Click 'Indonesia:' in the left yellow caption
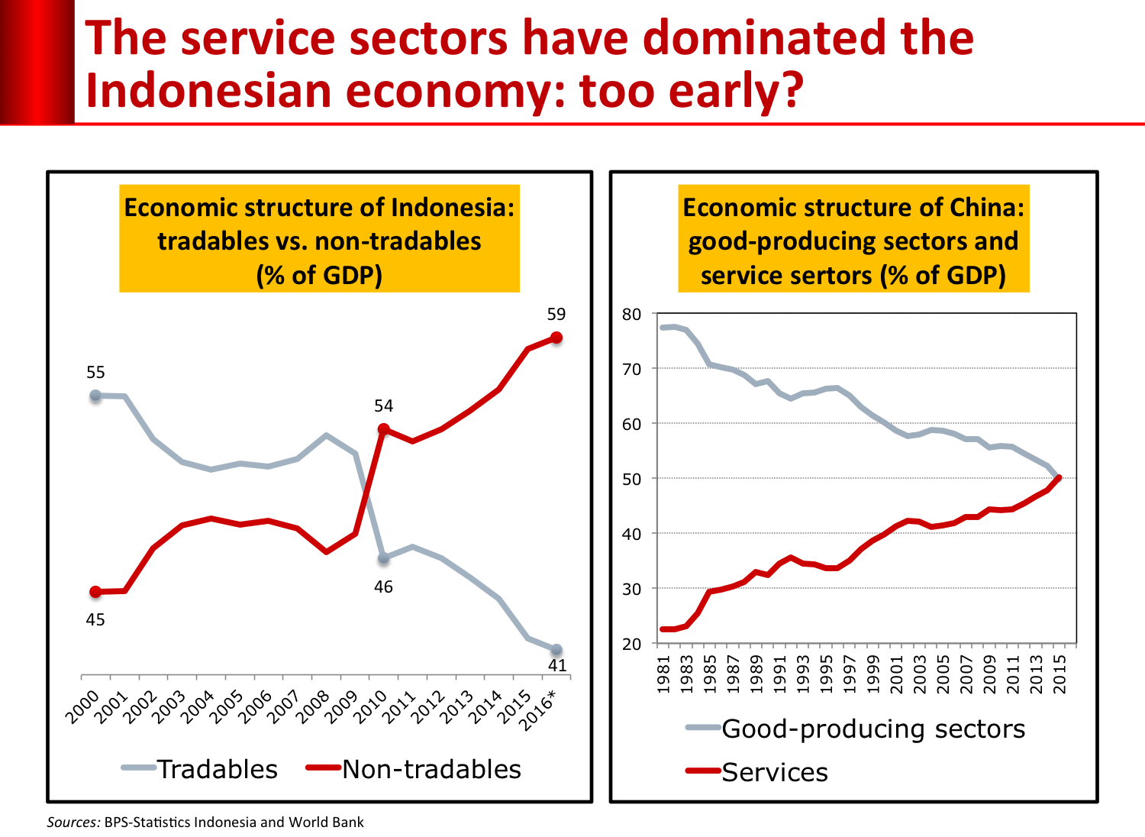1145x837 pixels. [453, 208]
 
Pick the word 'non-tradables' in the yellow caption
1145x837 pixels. [398, 241]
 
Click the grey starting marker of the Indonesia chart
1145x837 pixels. [95, 395]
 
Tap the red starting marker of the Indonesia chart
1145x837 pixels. [95, 591]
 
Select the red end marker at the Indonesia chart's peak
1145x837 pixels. [556, 337]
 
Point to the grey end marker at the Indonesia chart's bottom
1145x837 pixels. [556, 650]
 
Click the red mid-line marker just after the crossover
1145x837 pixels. [384, 428]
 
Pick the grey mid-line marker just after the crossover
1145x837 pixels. [384, 558]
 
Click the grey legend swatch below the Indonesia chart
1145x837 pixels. [139, 768]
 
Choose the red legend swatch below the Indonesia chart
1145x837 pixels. [324, 768]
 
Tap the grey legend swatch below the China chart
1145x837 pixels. [703, 727]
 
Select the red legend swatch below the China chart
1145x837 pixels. [703, 771]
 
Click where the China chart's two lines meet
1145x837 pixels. [1058, 478]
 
